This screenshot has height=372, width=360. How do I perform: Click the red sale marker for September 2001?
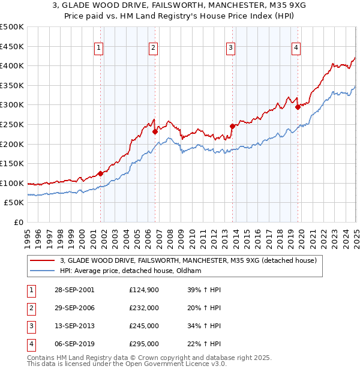click(x=100, y=173)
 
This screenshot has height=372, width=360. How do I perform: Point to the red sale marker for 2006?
click(x=155, y=131)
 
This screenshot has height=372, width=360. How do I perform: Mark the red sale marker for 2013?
click(x=232, y=126)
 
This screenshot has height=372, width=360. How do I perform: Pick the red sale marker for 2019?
click(x=298, y=107)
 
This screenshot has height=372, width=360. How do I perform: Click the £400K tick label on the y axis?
click(x=12, y=66)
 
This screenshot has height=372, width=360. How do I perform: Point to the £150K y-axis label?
click(x=12, y=163)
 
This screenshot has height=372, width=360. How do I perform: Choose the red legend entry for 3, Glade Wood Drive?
click(x=192, y=260)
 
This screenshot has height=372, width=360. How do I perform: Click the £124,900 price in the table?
click(x=143, y=289)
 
